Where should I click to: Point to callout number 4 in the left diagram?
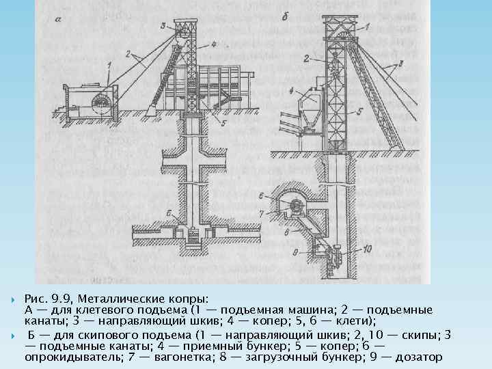213,44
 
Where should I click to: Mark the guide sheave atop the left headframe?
183,31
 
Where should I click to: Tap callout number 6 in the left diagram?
169,213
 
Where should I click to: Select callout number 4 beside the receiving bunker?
292,90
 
